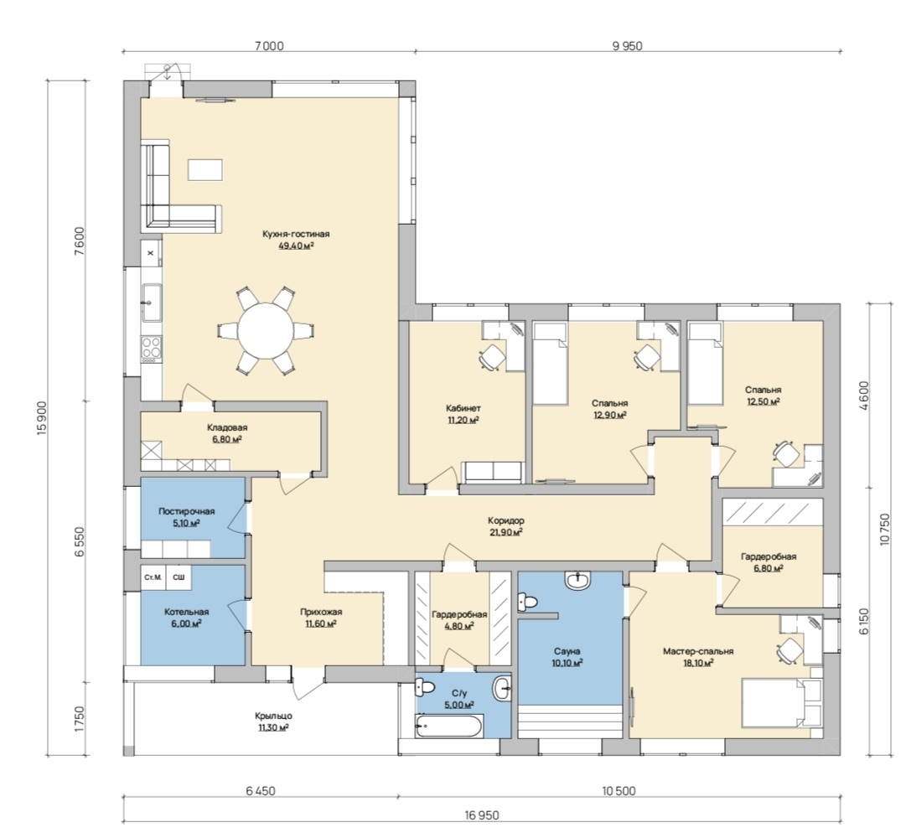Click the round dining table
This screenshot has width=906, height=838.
(x=267, y=331)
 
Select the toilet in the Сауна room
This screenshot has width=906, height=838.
(x=527, y=601)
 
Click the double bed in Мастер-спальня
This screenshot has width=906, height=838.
(x=781, y=703)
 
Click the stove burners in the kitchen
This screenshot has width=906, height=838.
(x=152, y=349)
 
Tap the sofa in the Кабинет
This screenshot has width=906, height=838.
(x=494, y=473)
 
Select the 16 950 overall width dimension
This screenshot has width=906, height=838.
(x=481, y=815)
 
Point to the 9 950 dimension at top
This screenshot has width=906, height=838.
(x=628, y=46)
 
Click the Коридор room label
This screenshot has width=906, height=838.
(x=505, y=520)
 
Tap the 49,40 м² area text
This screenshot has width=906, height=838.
(x=296, y=246)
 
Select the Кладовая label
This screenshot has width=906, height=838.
(x=227, y=428)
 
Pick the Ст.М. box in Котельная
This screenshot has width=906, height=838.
(x=153, y=577)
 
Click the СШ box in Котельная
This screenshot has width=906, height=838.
(x=179, y=577)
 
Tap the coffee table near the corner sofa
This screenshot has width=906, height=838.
(x=205, y=170)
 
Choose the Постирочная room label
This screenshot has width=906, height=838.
(x=187, y=512)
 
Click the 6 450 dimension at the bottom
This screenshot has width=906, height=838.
(x=261, y=791)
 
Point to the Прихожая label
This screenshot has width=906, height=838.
(x=321, y=613)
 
